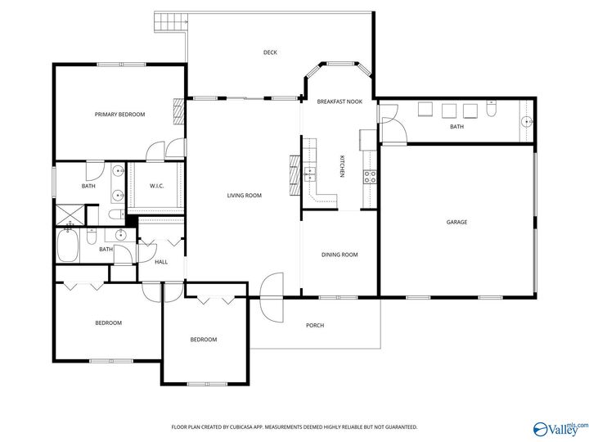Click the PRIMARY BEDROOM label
point(119,115)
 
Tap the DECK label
point(270,52)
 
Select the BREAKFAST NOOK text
point(339,101)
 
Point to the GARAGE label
point(456,222)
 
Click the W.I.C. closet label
point(156,187)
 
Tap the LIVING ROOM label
point(244,195)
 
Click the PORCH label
point(315,326)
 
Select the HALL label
point(161,262)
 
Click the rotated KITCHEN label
point(343,166)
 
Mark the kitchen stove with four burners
point(370,174)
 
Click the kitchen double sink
point(310,174)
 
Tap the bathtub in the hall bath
point(68,246)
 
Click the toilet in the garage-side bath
point(491,110)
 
